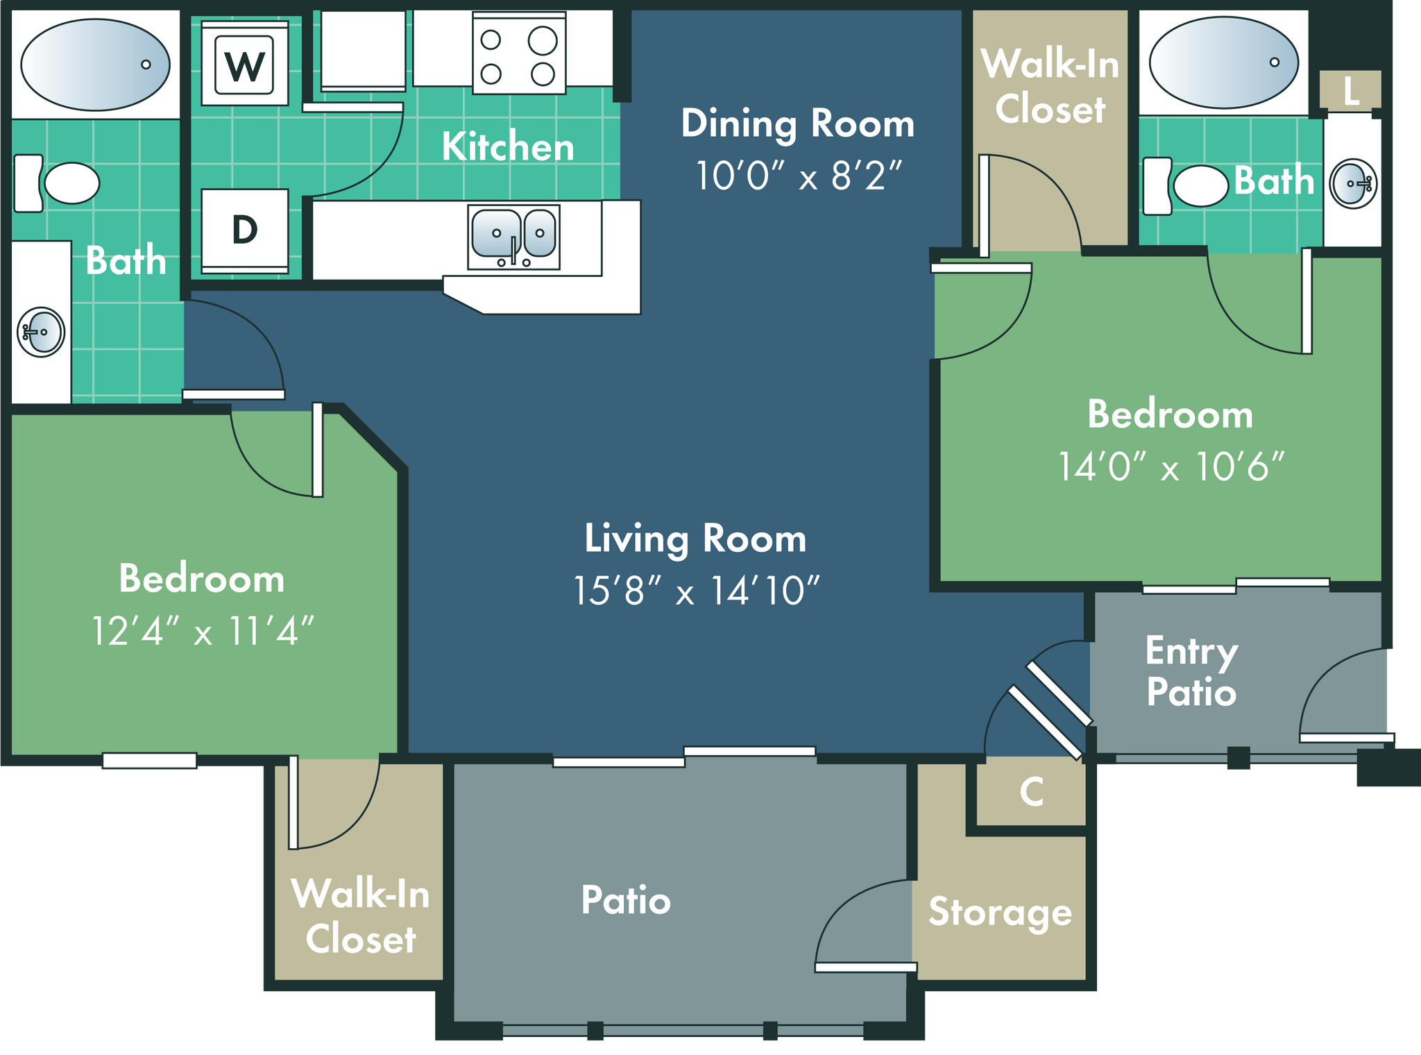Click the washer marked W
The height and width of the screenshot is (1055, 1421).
coord(245,63)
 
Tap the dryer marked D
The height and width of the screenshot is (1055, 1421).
coord(245,231)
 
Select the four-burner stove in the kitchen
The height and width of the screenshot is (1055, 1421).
coord(519,53)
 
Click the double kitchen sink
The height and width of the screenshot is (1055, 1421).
coord(513,237)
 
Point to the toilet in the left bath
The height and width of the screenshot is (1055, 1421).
coord(56,183)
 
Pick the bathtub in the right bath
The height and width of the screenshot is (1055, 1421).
coord(1224,62)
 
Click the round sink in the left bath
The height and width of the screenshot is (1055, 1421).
coord(41,332)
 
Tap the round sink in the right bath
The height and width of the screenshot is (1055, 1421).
coord(1353,184)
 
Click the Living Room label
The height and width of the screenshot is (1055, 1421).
coord(695,539)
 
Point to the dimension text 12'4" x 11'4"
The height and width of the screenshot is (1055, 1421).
coord(203,631)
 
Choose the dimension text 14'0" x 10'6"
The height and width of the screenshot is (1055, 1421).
coord(1171,466)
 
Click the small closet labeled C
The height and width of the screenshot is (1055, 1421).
coord(1032,792)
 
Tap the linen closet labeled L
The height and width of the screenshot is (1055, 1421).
coord(1350,90)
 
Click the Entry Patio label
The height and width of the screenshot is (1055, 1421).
coord(1191,671)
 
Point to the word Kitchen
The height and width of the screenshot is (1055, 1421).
coord(508,146)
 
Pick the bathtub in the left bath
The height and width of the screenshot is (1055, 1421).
coord(95,65)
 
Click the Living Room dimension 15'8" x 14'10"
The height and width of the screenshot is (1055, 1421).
coord(696,591)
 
